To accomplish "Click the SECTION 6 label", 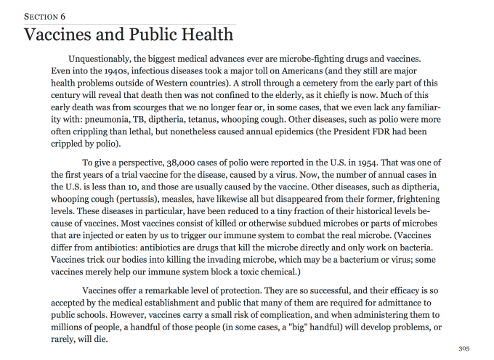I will [45, 15].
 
